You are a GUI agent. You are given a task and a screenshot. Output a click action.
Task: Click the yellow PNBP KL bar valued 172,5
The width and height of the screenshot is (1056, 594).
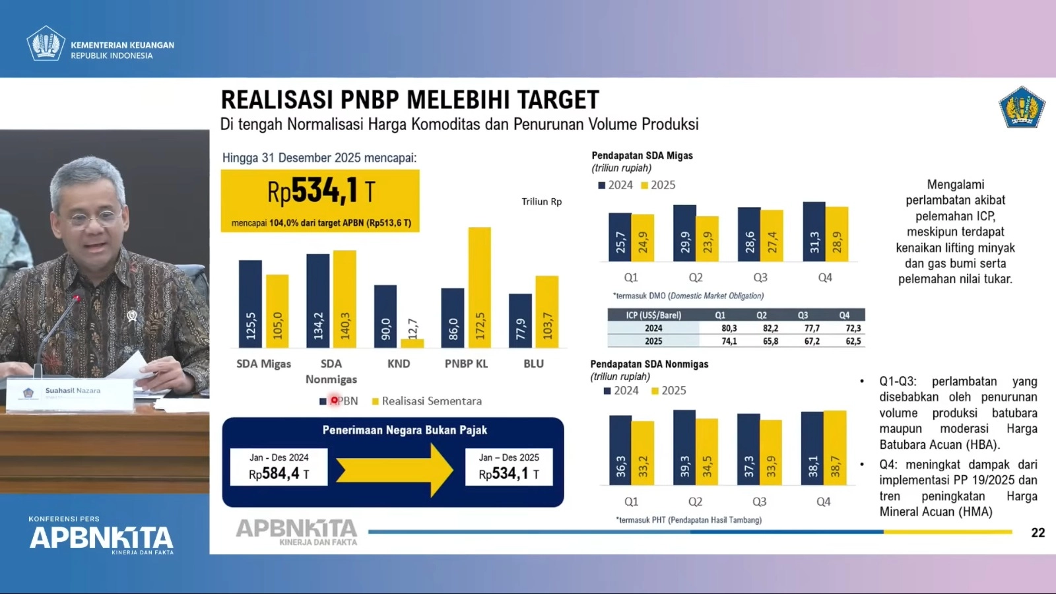click(480, 287)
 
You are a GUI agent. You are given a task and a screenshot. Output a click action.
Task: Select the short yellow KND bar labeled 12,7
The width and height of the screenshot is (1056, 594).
click(412, 343)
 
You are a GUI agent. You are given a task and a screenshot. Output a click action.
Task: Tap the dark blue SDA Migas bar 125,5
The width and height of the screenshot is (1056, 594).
click(250, 304)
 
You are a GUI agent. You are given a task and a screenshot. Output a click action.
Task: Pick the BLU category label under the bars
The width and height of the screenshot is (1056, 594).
click(533, 364)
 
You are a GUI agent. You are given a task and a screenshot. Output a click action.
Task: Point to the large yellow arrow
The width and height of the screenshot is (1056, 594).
click(394, 470)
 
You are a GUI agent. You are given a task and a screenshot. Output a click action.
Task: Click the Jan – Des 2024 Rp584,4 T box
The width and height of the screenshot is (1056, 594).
click(279, 467)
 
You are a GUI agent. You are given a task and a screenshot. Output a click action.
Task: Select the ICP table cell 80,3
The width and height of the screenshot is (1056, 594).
click(729, 328)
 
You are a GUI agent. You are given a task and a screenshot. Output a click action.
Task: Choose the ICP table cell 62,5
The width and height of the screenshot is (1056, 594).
click(853, 341)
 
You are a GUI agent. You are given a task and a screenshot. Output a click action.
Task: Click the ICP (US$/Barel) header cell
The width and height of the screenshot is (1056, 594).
click(653, 315)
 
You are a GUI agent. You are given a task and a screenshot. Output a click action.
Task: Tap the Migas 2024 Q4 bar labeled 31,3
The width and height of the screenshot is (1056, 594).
click(814, 232)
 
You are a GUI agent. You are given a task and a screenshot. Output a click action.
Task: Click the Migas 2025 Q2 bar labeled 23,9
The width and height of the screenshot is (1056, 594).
click(708, 238)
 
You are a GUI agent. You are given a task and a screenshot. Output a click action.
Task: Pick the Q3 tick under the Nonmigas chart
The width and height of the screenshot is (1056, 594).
click(759, 502)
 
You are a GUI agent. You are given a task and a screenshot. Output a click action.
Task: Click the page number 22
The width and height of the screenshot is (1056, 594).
click(1038, 533)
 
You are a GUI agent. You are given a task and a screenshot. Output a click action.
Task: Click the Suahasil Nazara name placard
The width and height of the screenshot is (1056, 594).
click(70, 394)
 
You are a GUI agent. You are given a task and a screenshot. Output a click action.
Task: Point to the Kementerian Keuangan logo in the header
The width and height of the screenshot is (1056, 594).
click(46, 44)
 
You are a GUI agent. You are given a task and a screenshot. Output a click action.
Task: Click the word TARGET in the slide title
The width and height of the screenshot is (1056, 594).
click(558, 100)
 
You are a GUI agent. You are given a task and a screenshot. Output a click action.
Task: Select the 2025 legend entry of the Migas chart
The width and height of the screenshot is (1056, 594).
click(658, 185)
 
